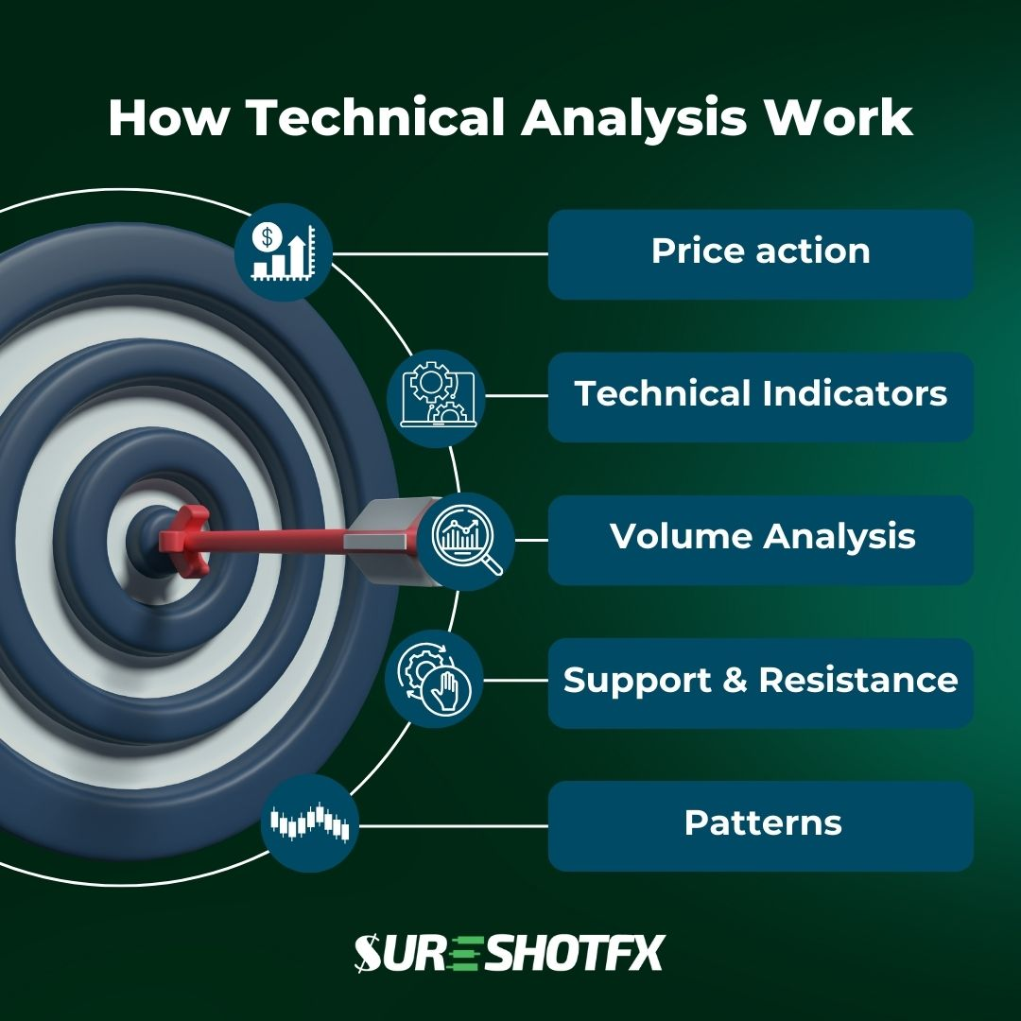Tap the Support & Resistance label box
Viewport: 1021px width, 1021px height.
click(760, 682)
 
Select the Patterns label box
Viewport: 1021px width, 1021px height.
click(760, 824)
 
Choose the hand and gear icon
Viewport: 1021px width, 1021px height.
click(434, 680)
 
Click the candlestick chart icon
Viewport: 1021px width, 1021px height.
click(310, 823)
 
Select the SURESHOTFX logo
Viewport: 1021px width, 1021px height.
click(510, 953)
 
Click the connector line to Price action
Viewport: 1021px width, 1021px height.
click(440, 253)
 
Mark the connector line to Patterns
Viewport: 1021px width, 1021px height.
click(454, 825)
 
